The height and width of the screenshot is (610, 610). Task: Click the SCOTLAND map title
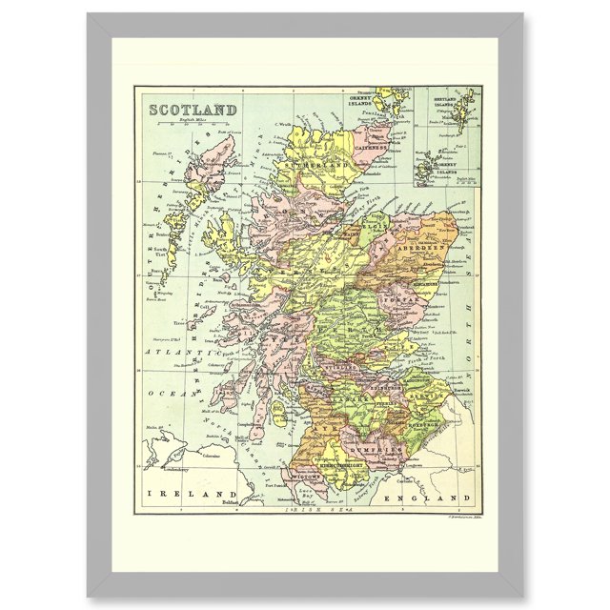click(x=193, y=109)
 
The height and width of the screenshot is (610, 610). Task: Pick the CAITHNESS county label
click(x=367, y=149)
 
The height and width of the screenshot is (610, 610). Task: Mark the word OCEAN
click(x=162, y=391)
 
